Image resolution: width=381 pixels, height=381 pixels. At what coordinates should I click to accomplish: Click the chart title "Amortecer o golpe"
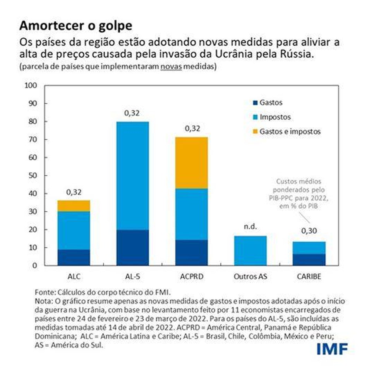pyautogui.click(x=76, y=26)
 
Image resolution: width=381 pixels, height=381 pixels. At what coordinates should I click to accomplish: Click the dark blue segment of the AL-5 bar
pyautogui.click(x=132, y=247)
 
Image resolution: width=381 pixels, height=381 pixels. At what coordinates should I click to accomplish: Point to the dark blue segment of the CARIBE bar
pyautogui.click(x=309, y=259)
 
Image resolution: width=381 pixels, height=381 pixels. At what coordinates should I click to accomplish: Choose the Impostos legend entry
pyautogui.click(x=275, y=117)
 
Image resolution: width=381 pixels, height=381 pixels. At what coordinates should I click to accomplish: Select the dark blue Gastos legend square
pyautogui.click(x=255, y=103)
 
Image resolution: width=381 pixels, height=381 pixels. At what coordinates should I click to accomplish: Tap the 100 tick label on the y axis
pyautogui.click(x=31, y=86)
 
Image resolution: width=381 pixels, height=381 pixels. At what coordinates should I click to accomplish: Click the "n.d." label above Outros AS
pyautogui.click(x=250, y=227)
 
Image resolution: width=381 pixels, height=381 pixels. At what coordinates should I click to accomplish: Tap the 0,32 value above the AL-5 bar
pyautogui.click(x=132, y=113)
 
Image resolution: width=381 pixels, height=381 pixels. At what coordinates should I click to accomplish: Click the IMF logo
pyautogui.click(x=332, y=348)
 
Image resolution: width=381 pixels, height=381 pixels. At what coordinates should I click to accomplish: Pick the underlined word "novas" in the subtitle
pyautogui.click(x=171, y=67)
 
